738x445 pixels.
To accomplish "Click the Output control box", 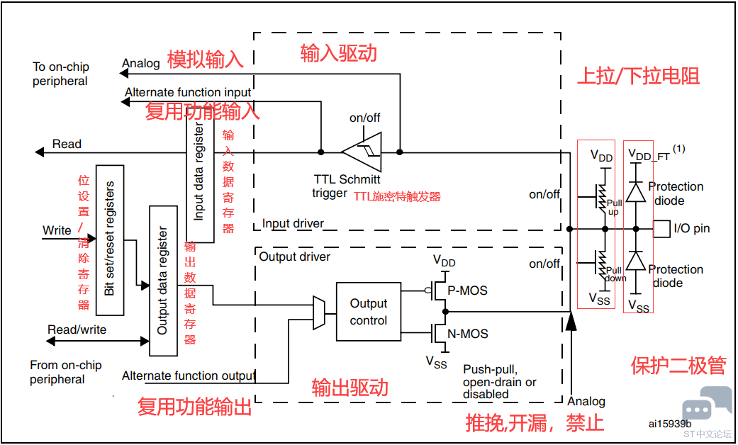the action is tap(369, 311).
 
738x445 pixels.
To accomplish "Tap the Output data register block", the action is tap(163, 281).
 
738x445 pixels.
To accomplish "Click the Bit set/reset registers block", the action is tap(110, 240).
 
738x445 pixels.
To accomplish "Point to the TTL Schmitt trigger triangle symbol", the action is tap(362, 152).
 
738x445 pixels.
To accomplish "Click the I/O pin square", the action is tap(661, 229).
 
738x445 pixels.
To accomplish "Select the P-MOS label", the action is tap(467, 291).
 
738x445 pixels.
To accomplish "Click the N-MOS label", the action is tap(467, 334).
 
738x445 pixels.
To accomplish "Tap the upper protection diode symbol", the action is tap(637, 192).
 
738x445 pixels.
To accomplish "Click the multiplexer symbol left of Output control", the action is tap(318, 312).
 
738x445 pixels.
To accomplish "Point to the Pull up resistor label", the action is tap(614, 207).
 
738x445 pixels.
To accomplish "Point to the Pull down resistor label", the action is tap(615, 274).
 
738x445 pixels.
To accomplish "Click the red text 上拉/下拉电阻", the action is tap(638, 77).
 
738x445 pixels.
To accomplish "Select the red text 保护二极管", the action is tap(678, 366).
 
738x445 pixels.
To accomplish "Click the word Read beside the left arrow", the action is tap(67, 144).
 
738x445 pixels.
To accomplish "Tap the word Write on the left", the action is tap(57, 230).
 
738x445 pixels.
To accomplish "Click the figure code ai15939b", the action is tap(670, 424).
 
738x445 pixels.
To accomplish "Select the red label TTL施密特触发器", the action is tap(397, 196).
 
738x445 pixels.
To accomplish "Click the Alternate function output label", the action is tap(189, 376).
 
